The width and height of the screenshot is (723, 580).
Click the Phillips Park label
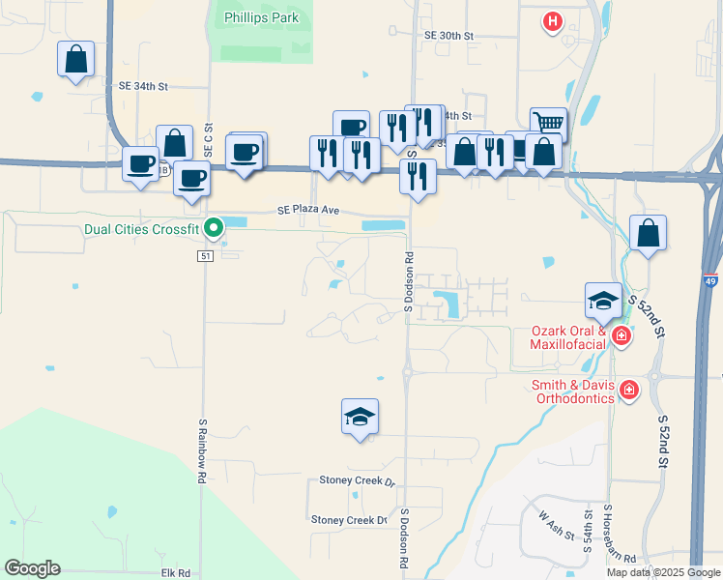[261, 17]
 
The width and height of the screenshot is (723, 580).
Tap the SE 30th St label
[448, 35]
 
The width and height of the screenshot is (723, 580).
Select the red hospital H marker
[552, 21]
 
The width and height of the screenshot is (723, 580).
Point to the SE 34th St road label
[143, 86]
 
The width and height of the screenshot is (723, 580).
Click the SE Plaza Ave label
[308, 209]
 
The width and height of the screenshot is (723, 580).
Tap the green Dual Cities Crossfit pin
[214, 228]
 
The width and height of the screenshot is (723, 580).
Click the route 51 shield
[205, 255]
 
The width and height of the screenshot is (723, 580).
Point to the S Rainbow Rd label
[203, 450]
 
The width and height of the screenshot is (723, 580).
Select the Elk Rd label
[174, 573]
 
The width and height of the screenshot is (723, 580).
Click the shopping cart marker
[548, 123]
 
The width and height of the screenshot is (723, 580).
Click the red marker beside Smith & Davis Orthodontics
[629, 390]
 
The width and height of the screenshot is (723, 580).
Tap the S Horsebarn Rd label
[609, 535]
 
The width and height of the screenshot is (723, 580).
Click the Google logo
[32, 568]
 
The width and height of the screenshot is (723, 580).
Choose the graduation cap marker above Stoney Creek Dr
[361, 417]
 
